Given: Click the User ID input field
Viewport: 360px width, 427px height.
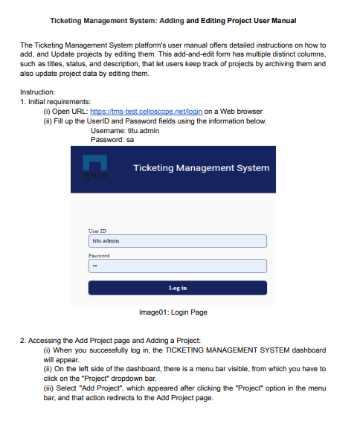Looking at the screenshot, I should point(177,241).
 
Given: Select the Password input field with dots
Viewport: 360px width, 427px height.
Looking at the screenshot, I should point(177,266).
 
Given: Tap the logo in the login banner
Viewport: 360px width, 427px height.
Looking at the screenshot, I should point(95,170).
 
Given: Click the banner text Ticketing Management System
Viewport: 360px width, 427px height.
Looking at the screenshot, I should point(201,168).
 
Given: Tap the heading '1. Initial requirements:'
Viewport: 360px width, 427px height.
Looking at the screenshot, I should point(56,101).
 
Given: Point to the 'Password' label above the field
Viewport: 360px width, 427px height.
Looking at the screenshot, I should point(99,255).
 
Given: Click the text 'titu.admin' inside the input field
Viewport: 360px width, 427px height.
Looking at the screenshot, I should point(105,241).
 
